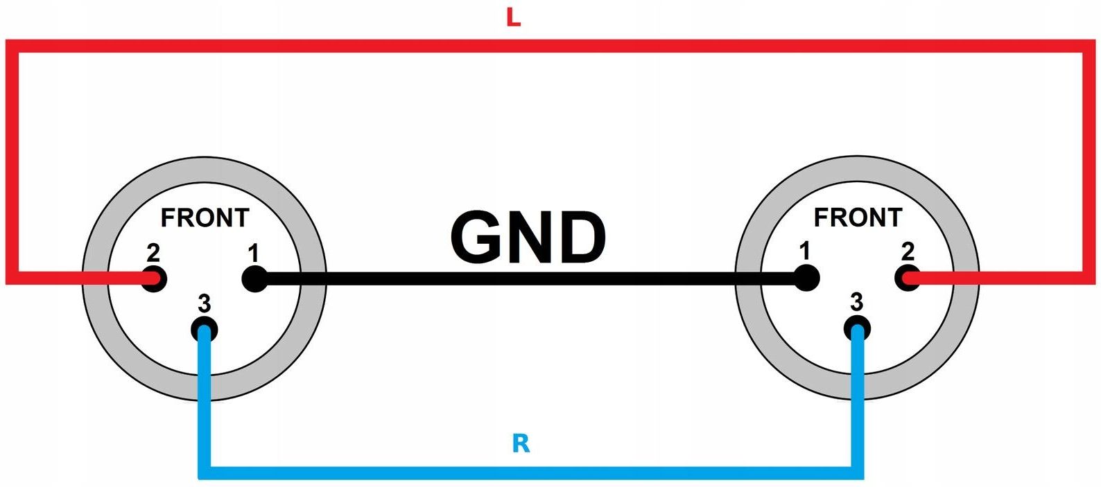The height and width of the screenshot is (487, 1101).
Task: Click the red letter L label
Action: [513, 17]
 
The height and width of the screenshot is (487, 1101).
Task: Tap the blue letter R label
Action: [521, 443]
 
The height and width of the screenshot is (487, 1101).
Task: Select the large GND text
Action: [528, 238]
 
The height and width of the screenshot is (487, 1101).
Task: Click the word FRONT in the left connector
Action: [205, 218]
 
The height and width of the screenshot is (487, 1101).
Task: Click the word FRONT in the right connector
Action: [858, 218]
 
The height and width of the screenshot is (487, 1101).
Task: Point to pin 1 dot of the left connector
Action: [254, 278]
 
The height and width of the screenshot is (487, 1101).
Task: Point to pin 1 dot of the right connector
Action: [806, 278]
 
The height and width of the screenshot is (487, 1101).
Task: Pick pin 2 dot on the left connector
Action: [155, 278]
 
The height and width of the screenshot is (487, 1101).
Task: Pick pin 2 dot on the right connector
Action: [908, 278]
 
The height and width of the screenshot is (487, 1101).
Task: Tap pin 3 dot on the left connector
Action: [204, 330]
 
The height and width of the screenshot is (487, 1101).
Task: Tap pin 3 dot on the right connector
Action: [858, 328]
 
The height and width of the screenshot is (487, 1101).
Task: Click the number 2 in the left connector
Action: [153, 253]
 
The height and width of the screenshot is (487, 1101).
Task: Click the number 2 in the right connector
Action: [908, 251]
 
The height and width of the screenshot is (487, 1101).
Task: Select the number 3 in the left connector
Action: [204, 303]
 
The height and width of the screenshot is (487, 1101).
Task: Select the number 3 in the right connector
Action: [857, 302]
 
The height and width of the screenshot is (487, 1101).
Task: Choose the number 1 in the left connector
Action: [254, 253]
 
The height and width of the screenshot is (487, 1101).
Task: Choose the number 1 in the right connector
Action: [804, 251]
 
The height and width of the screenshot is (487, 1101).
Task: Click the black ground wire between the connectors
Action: [527, 278]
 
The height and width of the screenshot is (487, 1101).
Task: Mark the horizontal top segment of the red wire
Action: [548, 46]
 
